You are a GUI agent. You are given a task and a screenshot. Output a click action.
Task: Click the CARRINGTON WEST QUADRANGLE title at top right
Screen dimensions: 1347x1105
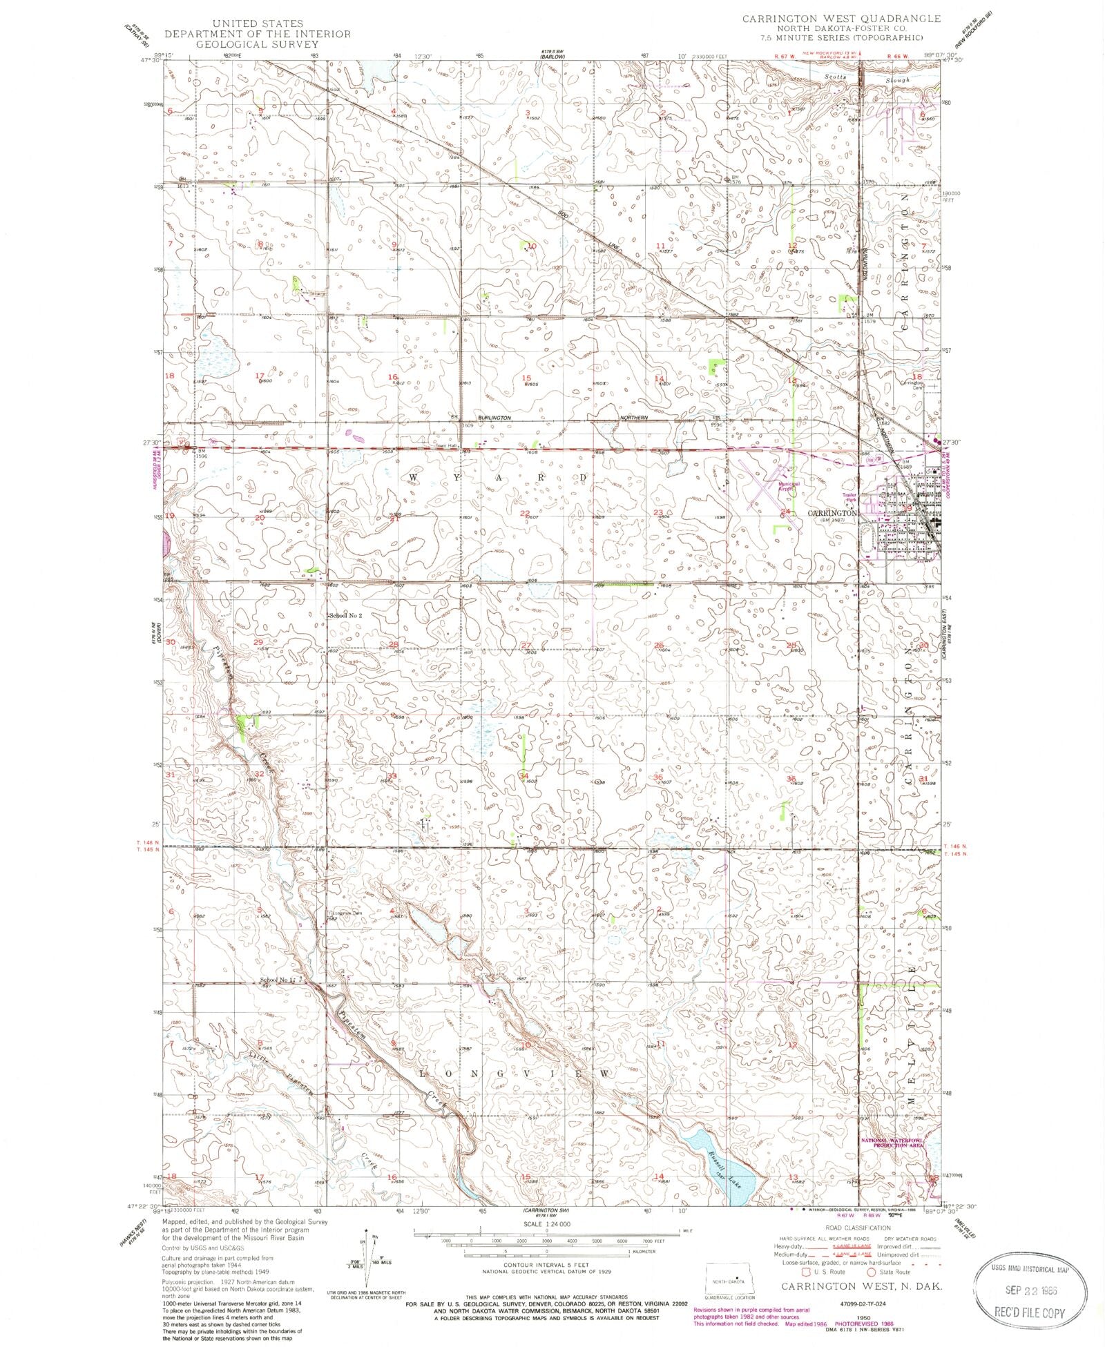click(x=841, y=19)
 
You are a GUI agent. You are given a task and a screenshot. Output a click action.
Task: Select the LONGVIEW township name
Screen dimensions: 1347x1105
click(x=515, y=1074)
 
